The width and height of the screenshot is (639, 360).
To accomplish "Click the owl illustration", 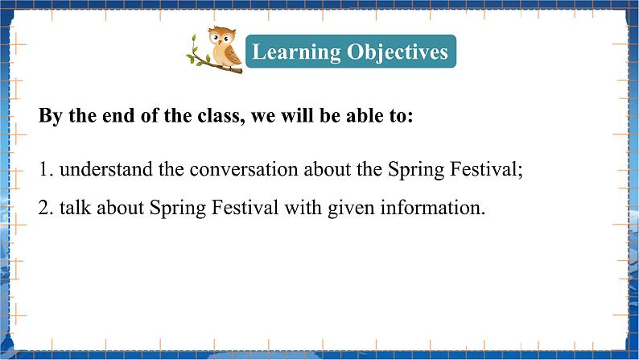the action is click(225, 48).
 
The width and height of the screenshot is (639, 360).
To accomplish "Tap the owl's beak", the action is click(221, 42).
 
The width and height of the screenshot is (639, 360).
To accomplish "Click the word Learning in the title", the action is click(296, 52).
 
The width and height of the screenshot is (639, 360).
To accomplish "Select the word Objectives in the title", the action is click(398, 52).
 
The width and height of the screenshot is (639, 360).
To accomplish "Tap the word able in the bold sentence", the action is click(364, 115).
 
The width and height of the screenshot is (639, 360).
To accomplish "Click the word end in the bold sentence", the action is click(118, 116).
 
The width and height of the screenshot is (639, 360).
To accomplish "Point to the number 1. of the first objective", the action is click(46, 169).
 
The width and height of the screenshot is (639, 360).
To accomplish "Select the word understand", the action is click(106, 169).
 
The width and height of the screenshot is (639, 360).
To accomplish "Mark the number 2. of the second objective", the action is click(46, 208).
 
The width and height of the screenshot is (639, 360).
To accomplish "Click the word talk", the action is click(76, 207).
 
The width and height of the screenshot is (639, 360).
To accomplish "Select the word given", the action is click(351, 209).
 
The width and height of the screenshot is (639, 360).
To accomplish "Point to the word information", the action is click(433, 208).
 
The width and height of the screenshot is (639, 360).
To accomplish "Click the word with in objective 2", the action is click(303, 207).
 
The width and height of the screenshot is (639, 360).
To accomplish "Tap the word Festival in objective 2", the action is click(245, 207).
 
